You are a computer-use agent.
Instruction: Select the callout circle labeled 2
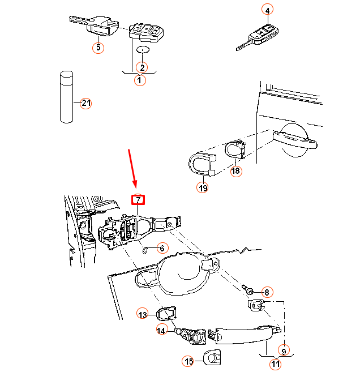[142, 67]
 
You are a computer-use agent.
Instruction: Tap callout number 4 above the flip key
[267, 10]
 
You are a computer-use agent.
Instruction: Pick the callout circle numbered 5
[98, 47]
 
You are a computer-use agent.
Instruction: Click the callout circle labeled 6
[162, 248]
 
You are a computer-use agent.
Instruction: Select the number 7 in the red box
[138, 200]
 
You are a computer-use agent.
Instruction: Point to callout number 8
[267, 292]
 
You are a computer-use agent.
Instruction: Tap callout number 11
[275, 364]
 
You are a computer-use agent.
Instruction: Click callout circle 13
[143, 314]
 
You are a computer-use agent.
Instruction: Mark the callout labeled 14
[162, 330]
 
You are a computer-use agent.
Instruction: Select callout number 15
[188, 361]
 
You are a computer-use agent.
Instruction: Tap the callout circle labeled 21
[85, 103]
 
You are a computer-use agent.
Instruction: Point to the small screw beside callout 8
[248, 289]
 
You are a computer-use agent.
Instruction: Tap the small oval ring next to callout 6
[145, 249]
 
